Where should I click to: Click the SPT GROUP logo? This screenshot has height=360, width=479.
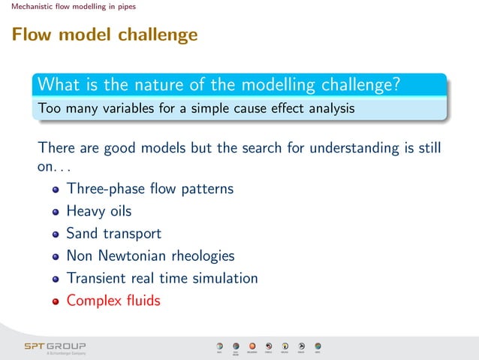(x=55, y=346)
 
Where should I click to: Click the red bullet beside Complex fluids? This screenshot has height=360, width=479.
(x=56, y=301)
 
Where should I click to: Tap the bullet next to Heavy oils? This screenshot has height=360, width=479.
(x=56, y=212)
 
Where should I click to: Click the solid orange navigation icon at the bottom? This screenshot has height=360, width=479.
(x=252, y=346)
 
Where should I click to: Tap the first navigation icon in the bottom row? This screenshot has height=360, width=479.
(x=219, y=346)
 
